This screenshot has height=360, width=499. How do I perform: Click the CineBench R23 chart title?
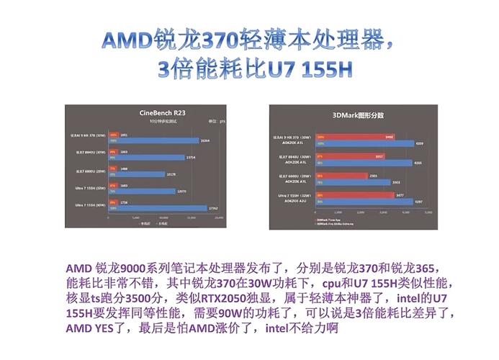point(164,113)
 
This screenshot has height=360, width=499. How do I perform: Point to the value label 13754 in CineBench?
point(191,157)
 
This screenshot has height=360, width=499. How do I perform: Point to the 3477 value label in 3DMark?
point(390,194)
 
